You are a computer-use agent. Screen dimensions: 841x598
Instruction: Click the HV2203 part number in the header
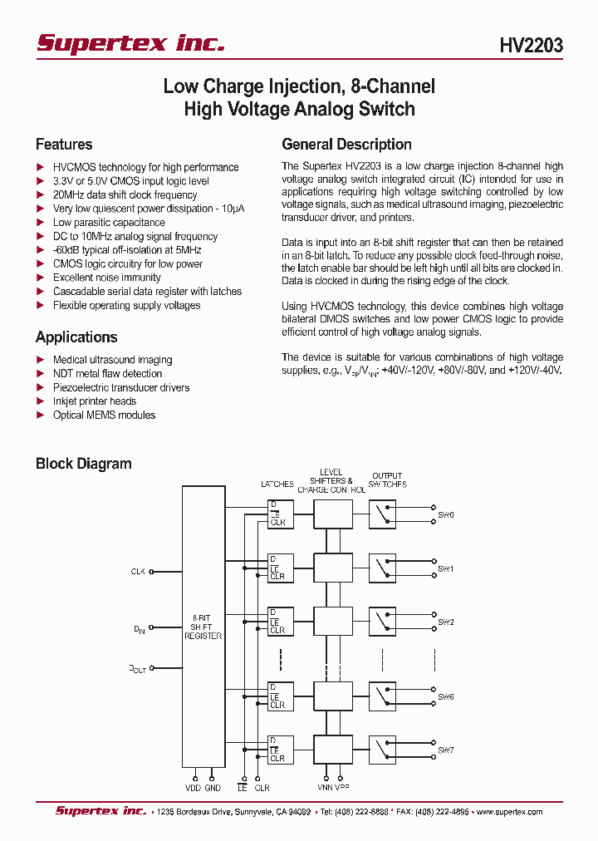pos(531,46)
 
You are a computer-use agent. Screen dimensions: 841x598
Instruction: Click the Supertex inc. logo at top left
pos(130,43)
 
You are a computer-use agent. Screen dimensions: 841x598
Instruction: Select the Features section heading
pos(64,145)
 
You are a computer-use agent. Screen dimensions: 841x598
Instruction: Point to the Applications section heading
pos(76,337)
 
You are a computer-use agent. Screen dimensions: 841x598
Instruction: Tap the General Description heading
pos(346,145)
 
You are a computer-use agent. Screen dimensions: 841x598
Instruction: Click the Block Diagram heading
pos(83,464)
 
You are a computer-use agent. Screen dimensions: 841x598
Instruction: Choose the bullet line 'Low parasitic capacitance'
pos(109,223)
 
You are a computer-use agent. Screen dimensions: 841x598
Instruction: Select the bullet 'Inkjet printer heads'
pos(95,401)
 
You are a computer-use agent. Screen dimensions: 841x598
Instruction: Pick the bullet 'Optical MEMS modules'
pos(104,416)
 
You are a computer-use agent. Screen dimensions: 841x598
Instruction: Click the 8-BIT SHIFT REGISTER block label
pos(203,627)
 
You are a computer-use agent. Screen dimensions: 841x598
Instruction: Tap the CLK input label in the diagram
pos(138,571)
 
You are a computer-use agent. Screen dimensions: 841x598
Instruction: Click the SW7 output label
pos(446,750)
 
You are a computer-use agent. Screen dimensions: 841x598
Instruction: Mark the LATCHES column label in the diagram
pos(277,484)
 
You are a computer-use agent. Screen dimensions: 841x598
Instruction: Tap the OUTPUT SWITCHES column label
pos(388,480)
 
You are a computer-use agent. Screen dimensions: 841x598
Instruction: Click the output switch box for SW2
pos(382,621)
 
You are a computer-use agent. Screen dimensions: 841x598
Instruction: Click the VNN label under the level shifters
pos(325,786)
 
